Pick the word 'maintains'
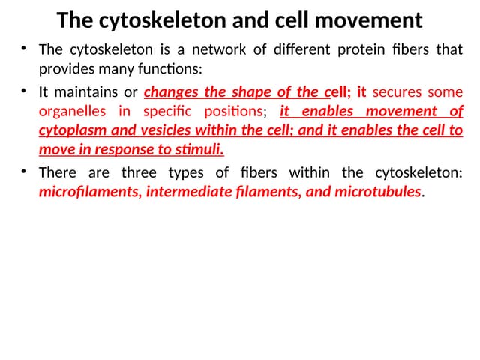coord(86,93)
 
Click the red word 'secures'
coord(397,93)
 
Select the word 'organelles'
coord(71,112)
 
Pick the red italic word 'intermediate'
coord(187,192)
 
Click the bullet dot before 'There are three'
coord(24,172)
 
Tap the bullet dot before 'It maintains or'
coord(24,92)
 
